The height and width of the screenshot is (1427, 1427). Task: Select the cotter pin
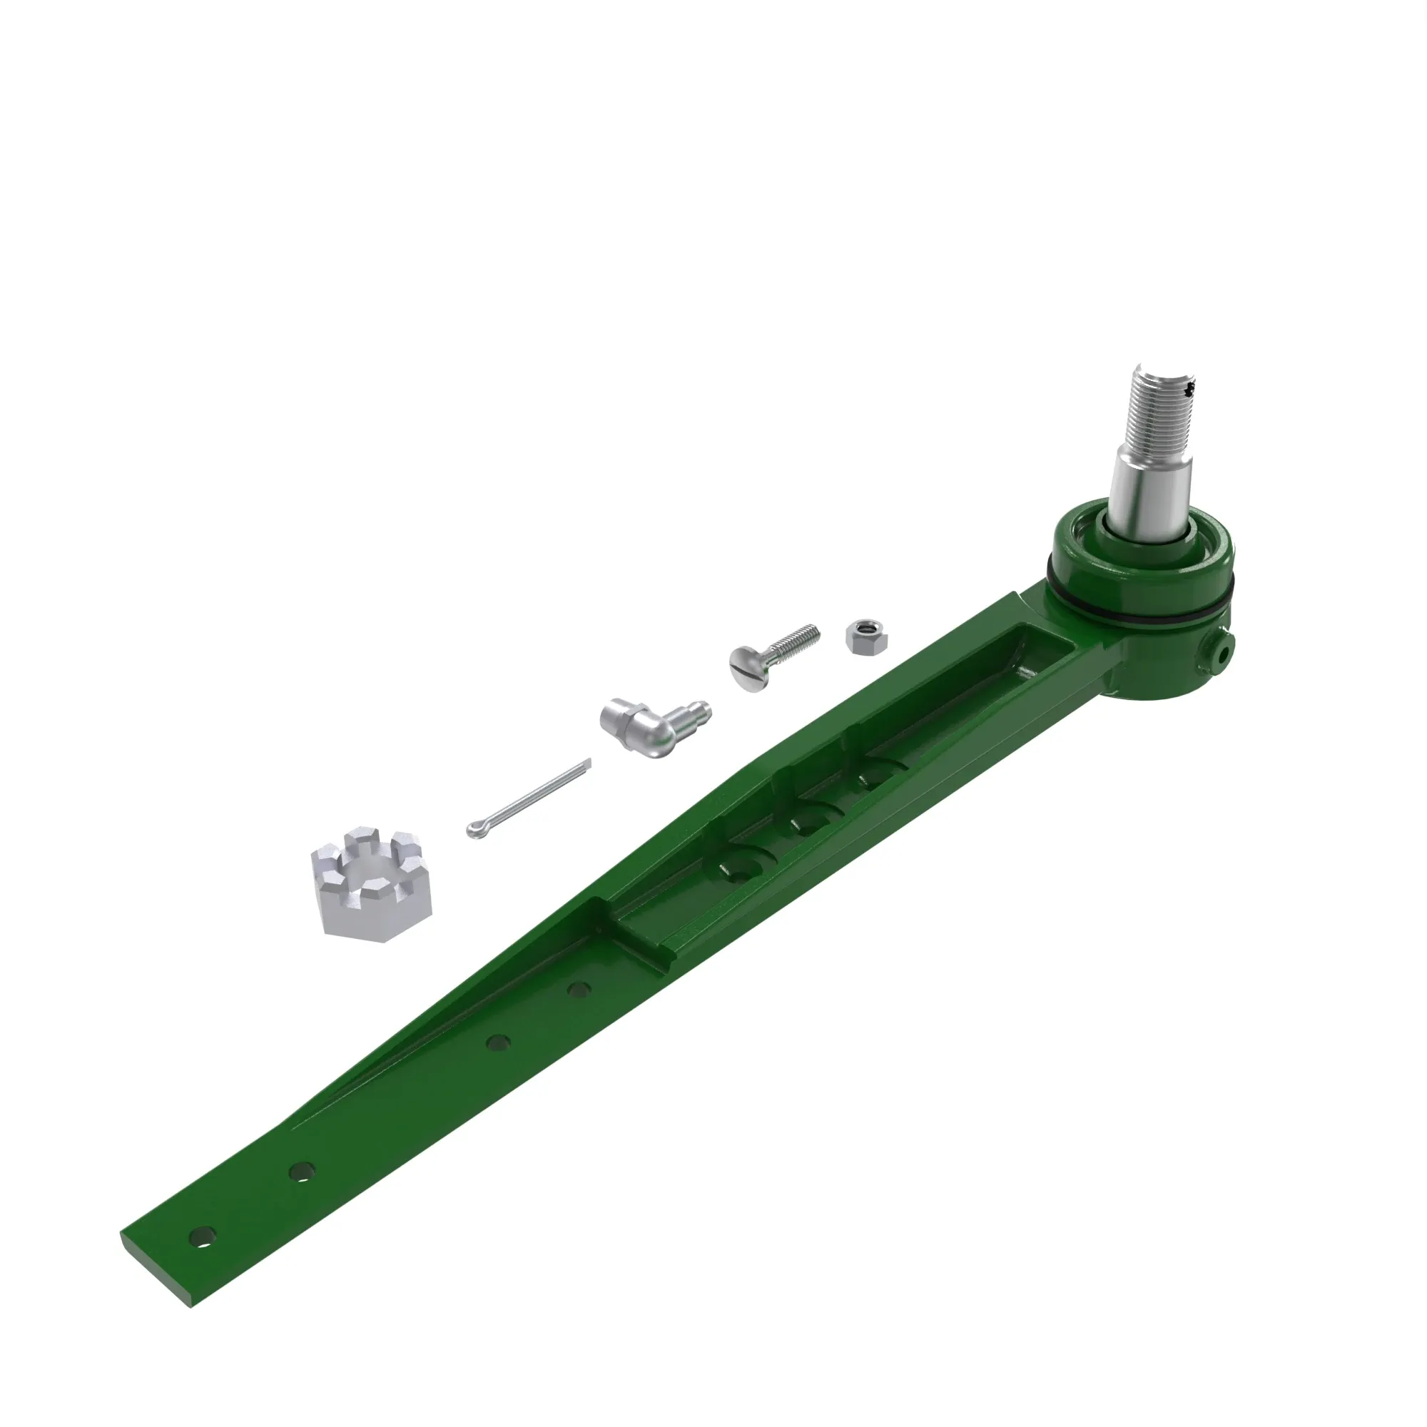coord(529,800)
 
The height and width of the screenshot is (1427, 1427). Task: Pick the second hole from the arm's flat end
coord(300,1172)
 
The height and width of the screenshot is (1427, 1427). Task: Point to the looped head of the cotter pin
coord(474,831)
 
